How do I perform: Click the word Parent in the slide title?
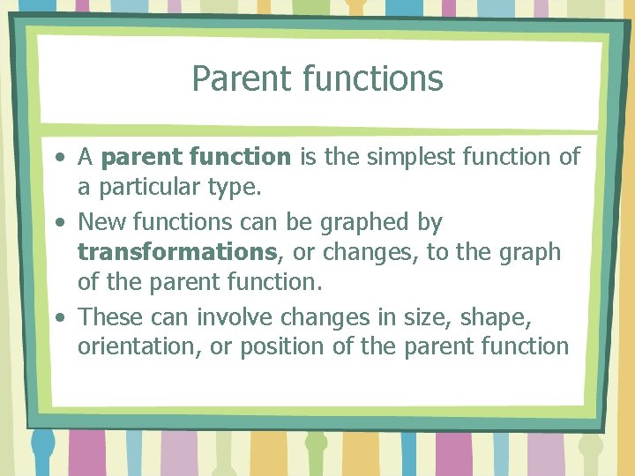coord(230,79)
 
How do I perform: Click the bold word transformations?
coord(177,252)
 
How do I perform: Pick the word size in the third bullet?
coord(429,316)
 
